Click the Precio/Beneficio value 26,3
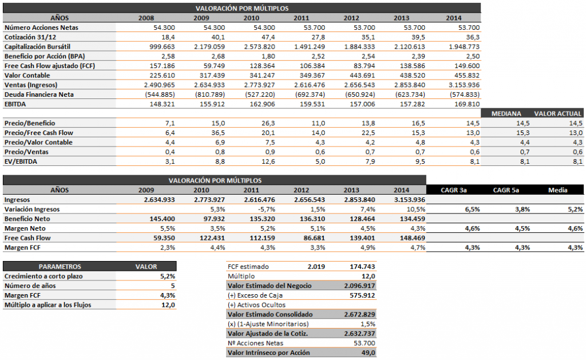point(252,124)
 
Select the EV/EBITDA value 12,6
point(252,162)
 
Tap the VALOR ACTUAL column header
point(558,114)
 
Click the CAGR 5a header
point(507,190)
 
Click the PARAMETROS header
point(60,267)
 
